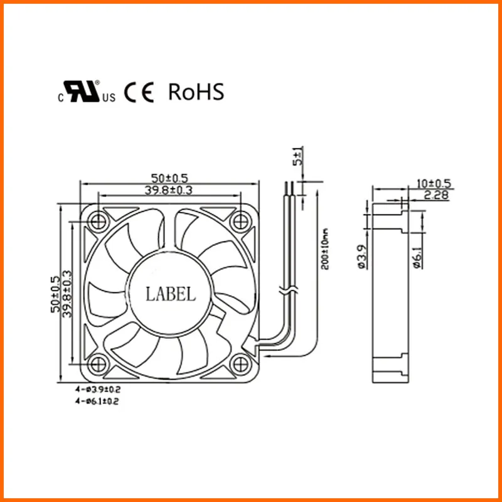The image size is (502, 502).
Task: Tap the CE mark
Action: (x=139, y=93)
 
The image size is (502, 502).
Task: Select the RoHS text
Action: (x=196, y=92)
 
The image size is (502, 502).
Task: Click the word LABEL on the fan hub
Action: (x=170, y=293)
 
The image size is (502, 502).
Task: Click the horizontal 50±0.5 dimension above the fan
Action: (x=169, y=178)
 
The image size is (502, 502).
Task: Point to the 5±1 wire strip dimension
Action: (x=298, y=156)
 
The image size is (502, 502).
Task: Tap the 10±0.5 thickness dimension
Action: (x=434, y=184)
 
